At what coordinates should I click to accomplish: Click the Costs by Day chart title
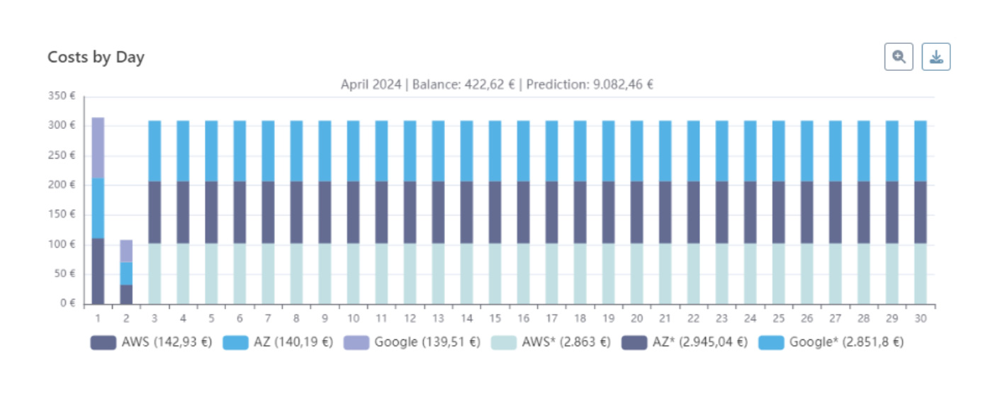pyautogui.click(x=96, y=57)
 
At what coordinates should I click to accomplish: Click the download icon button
pyautogui.click(x=935, y=57)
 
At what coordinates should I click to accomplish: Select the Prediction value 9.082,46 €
pyautogui.click(x=621, y=84)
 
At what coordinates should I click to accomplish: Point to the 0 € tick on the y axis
pyautogui.click(x=67, y=303)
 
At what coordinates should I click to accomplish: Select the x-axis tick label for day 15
pyautogui.click(x=495, y=319)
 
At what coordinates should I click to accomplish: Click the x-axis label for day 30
pyautogui.click(x=920, y=319)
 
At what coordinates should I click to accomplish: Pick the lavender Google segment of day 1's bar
pyautogui.click(x=98, y=147)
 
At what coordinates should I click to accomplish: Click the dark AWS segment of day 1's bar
pyautogui.click(x=98, y=271)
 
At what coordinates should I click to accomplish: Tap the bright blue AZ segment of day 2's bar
pyautogui.click(x=126, y=273)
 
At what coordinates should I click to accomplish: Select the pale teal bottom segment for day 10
pyautogui.click(x=353, y=273)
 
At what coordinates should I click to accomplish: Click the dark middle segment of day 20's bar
pyautogui.click(x=637, y=213)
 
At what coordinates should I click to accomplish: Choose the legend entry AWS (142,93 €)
pyautogui.click(x=151, y=342)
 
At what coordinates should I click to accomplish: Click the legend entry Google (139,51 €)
pyautogui.click(x=412, y=342)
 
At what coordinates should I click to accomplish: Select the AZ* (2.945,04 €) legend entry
pyautogui.click(x=684, y=342)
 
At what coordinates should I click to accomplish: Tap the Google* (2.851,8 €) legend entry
pyautogui.click(x=831, y=342)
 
